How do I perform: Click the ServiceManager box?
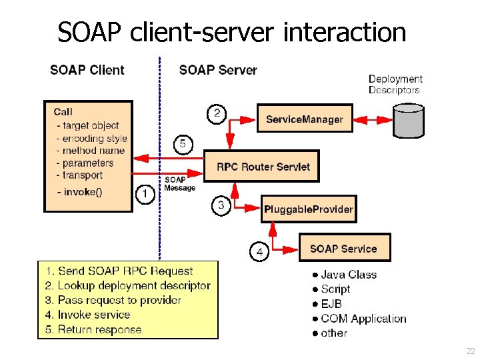click(305, 119)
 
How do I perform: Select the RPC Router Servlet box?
click(263, 167)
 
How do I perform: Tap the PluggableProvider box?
click(308, 209)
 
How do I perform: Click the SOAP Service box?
click(343, 249)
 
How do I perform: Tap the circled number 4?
click(259, 252)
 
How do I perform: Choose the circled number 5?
click(183, 143)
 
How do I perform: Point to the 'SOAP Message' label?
click(180, 184)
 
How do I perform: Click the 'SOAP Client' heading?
click(87, 70)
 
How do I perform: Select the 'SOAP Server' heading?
click(218, 70)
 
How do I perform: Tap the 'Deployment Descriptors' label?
click(395, 84)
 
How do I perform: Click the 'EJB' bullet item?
click(331, 304)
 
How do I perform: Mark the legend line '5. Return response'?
click(94, 329)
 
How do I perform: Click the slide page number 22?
click(471, 351)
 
